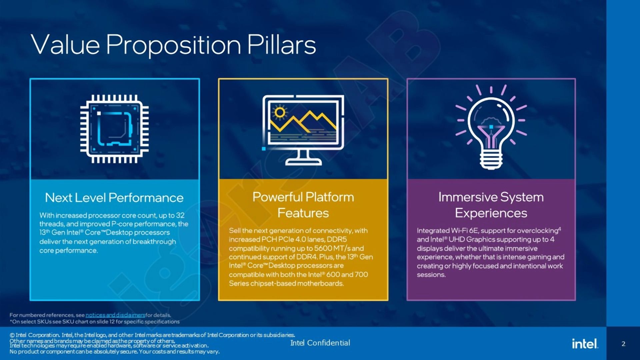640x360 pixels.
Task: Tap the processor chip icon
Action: [x=114, y=129]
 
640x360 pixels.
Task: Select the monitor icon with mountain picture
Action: [x=303, y=130]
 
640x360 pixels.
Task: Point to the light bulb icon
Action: [x=491, y=127]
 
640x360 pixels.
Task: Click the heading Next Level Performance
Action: [x=114, y=198]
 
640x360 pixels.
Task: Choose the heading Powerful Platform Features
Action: [x=303, y=205]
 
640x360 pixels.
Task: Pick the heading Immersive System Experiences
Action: [x=491, y=205]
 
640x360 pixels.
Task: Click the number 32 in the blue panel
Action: [x=180, y=215]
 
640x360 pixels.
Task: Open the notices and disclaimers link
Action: [x=115, y=315]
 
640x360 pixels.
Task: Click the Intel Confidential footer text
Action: [x=320, y=343]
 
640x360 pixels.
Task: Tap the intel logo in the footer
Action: [x=585, y=344]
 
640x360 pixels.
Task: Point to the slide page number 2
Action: [x=623, y=344]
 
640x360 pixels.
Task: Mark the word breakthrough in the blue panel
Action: [x=154, y=242]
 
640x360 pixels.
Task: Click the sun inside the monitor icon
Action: [x=280, y=112]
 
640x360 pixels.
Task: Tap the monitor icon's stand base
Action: [x=303, y=162]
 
